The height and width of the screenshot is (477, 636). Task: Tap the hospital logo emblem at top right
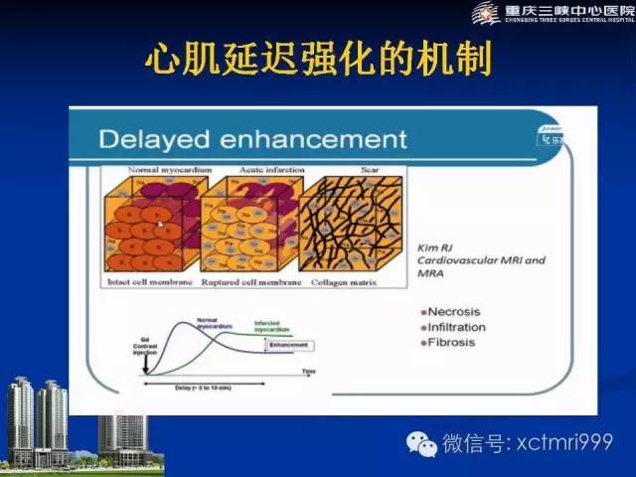(x=486, y=13)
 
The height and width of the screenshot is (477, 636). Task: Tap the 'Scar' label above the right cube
(x=339, y=171)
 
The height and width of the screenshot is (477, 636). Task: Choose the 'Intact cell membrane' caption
(x=153, y=281)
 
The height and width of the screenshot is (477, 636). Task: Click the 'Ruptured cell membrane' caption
(x=246, y=281)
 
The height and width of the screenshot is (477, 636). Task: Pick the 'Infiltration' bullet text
(x=457, y=326)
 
